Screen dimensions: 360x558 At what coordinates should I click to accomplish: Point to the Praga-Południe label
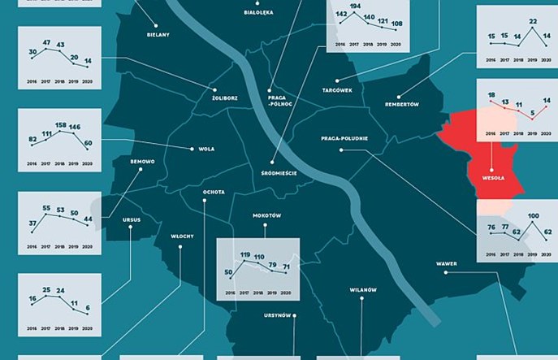click(344, 138)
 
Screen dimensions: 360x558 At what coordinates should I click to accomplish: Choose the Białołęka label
click(258, 12)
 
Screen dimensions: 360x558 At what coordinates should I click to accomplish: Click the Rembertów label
click(402, 104)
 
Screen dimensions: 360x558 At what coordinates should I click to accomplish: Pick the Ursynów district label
click(277, 315)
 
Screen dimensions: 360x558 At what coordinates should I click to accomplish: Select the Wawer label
click(445, 263)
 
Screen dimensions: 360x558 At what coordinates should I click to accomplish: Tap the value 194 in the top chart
click(355, 7)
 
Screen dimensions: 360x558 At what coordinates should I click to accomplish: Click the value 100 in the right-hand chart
click(533, 216)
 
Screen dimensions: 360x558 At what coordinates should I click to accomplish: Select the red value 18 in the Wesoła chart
click(491, 95)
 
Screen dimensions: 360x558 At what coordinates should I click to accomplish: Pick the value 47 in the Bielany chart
click(47, 41)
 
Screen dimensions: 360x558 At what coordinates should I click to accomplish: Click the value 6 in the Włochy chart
click(88, 307)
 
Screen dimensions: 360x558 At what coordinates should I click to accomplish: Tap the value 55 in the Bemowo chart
click(47, 209)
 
